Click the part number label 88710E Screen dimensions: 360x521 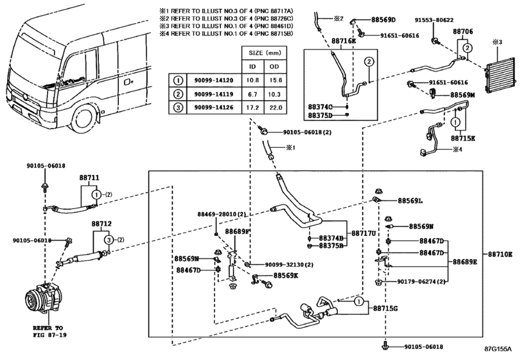click(x=500, y=255)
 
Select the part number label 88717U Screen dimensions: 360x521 click(x=364, y=233)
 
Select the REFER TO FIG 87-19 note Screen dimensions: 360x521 click(x=49, y=331)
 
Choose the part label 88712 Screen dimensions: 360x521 click(x=102, y=224)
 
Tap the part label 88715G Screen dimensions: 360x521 click(x=385, y=309)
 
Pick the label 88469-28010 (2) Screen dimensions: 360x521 click(x=222, y=213)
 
